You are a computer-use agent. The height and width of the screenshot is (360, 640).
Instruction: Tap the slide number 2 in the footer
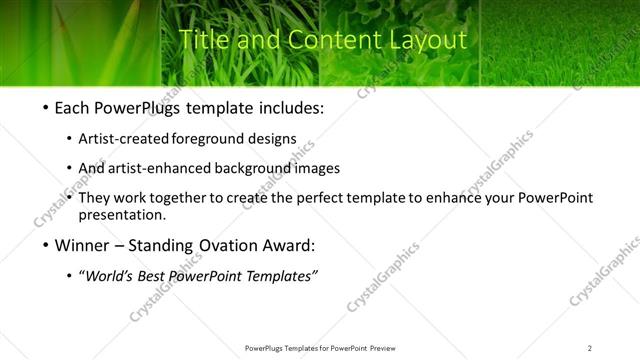pyautogui.click(x=590, y=347)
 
